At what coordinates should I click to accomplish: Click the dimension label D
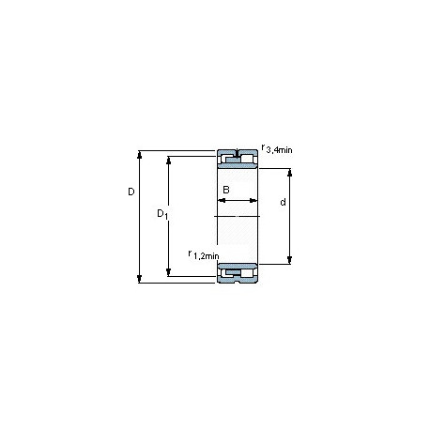point(131,192)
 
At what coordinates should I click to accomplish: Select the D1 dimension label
point(162,214)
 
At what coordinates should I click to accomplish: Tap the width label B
point(226,190)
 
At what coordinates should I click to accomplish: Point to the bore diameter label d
point(283,202)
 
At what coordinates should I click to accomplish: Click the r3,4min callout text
point(277,149)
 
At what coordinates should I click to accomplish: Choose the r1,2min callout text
point(204,255)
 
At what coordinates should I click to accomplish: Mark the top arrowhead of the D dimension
point(140,155)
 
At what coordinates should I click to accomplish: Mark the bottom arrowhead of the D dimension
point(140,279)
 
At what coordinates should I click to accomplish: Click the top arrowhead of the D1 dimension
point(169,160)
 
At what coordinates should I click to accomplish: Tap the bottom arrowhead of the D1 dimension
point(169,272)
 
